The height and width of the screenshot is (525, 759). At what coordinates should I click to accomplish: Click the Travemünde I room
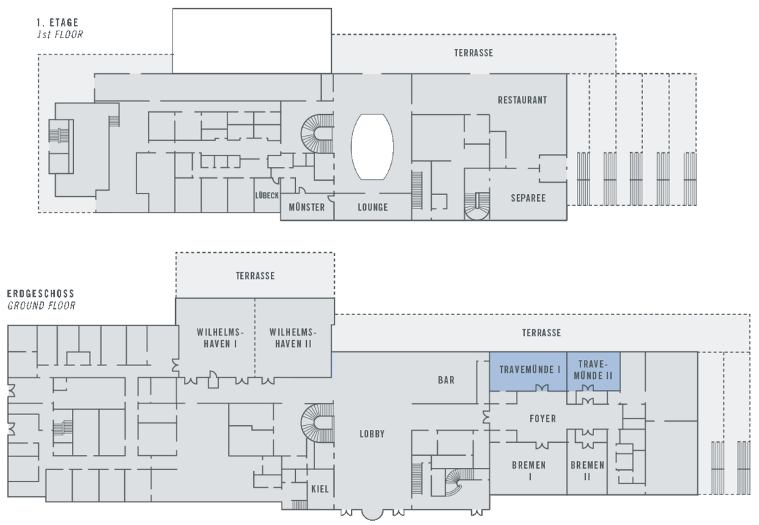pos(529,371)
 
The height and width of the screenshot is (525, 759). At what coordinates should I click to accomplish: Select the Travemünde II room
pos(593,370)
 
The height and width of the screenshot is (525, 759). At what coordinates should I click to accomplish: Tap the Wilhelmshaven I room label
pos(215,338)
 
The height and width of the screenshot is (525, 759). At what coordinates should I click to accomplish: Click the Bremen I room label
pos(530,471)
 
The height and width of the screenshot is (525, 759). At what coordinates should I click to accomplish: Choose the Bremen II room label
pos(587,471)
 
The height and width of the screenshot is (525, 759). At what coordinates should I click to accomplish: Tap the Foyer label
pos(542,419)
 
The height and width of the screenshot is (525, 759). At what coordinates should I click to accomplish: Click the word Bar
pos(446,380)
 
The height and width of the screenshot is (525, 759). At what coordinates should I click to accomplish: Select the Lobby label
pos(373,434)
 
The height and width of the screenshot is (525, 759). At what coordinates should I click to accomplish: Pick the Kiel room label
pos(320,489)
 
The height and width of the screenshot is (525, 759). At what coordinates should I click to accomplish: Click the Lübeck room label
pos(267,196)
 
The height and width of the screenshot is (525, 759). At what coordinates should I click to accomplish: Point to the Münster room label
pos(307,207)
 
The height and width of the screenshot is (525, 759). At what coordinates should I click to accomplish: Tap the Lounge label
pos(373,207)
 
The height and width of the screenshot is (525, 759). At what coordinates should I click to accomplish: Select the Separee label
pos(528,198)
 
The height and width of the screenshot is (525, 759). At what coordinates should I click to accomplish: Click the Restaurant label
pos(522,100)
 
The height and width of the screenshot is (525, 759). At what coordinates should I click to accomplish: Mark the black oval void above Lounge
pos(372,147)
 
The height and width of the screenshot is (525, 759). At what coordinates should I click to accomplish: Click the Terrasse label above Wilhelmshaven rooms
pos(255,276)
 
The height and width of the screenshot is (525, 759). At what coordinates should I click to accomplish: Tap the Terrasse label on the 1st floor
pos(473,53)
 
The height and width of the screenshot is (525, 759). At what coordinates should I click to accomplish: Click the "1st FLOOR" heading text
pos(59,33)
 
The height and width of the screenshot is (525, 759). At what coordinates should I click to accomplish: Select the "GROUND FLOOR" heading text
pos(41,306)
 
